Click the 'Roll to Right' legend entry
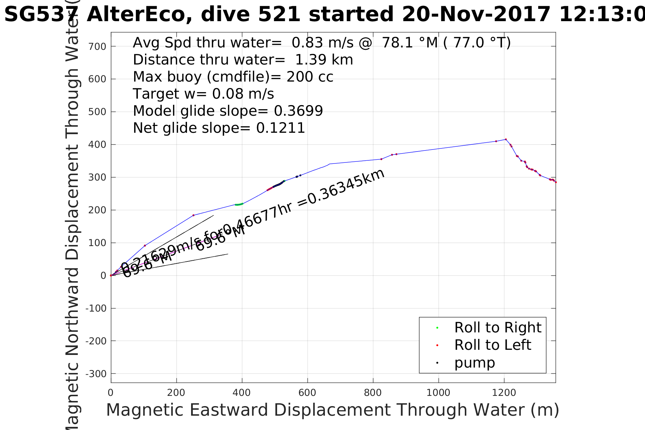point(498,328)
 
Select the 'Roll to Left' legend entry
point(492,345)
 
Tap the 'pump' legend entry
point(474,363)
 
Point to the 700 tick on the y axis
point(97,46)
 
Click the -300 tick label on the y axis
point(96,374)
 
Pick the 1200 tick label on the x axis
point(504,393)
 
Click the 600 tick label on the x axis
point(307,393)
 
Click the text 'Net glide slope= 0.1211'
point(219,128)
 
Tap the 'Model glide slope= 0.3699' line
point(228,111)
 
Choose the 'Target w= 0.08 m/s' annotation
point(203,94)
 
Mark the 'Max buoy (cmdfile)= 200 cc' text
point(233,77)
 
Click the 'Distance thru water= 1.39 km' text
point(243,60)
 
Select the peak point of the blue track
point(506,139)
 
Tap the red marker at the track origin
point(111,275)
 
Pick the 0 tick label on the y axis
point(103,276)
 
